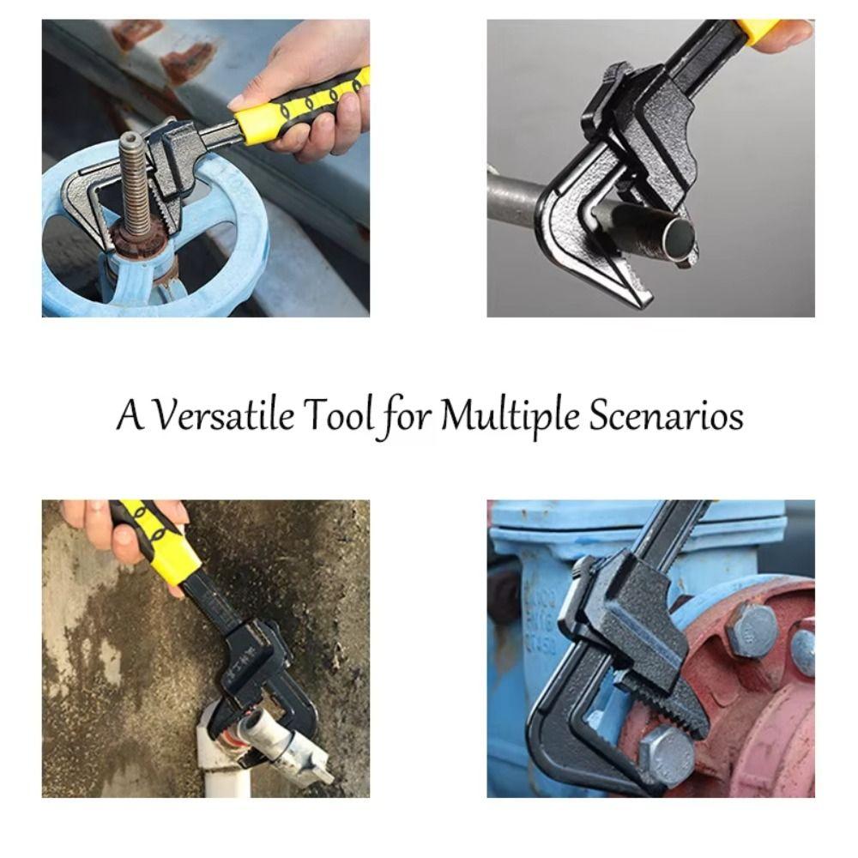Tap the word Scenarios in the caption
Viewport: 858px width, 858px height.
(666, 417)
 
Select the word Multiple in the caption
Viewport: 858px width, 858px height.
(511, 419)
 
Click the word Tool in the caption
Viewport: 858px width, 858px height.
(339, 417)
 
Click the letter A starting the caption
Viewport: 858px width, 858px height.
(129, 417)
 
